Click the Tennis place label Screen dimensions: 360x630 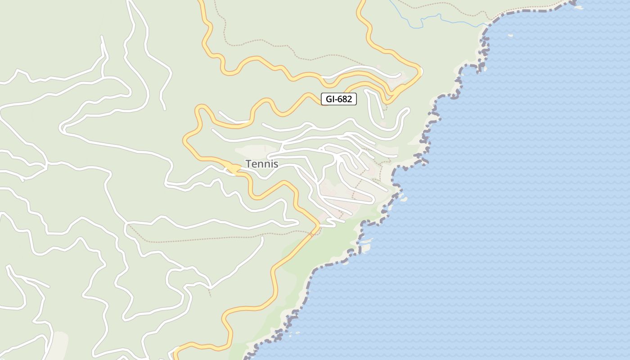click(x=262, y=164)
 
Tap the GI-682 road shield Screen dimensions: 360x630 click(x=339, y=99)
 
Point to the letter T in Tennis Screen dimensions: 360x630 click(x=248, y=164)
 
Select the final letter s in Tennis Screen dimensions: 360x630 click(x=275, y=164)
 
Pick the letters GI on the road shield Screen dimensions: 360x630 click(x=329, y=99)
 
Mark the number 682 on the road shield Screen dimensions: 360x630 click(x=344, y=99)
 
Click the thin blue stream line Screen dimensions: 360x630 click(x=432, y=18)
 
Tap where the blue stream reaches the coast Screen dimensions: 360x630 click(x=489, y=24)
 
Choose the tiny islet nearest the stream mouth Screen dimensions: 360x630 click(x=510, y=35)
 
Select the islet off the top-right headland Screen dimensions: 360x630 click(x=579, y=7)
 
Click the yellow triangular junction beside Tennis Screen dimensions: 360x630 click(x=232, y=169)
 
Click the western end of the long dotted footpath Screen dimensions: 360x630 click(x=128, y=225)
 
